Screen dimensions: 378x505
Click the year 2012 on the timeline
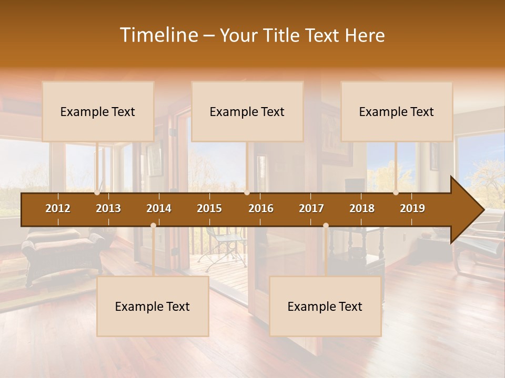[58, 208]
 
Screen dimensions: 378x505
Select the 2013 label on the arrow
[108, 208]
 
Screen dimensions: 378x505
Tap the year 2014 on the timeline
[159, 208]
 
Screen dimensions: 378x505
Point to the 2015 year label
[209, 208]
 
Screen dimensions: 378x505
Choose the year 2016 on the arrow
[261, 208]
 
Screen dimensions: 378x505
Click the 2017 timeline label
[311, 208]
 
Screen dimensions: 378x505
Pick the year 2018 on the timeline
[362, 208]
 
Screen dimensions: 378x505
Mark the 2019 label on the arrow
[412, 208]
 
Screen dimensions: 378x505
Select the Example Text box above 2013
[98, 111]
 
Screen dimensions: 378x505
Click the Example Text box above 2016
[247, 111]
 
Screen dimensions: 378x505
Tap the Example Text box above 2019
[397, 111]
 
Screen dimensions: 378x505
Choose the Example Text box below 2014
[153, 306]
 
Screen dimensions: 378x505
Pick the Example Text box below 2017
[325, 306]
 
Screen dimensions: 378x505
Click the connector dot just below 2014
[153, 226]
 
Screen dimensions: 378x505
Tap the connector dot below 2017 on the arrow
[326, 226]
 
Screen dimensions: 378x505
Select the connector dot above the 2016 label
[247, 193]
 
